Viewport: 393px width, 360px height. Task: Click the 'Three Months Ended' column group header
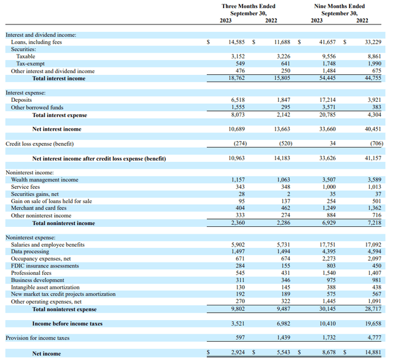coord(248,6)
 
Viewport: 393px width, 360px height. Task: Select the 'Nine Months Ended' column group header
coord(340,6)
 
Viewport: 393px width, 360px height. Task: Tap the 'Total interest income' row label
coord(59,79)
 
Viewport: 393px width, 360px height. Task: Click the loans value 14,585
coord(236,42)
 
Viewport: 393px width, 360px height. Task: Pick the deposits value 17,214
coord(327,100)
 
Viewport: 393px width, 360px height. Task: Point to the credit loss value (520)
coord(286,144)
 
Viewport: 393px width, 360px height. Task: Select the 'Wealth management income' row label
coord(45,180)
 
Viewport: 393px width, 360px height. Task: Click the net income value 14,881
coord(373,352)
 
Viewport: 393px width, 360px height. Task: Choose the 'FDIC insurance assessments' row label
coord(45,266)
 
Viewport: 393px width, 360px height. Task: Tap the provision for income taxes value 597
coord(240,338)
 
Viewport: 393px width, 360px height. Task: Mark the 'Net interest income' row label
coord(57,129)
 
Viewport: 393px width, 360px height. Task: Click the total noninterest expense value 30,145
coord(327,309)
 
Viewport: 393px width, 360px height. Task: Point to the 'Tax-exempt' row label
coord(30,64)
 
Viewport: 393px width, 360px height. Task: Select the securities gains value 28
coord(241,194)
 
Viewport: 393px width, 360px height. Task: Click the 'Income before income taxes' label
coord(68,324)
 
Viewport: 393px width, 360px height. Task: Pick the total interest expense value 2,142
coord(284,115)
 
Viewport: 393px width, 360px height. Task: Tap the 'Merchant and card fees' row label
coord(39,208)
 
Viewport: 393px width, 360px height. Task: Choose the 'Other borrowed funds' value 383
coord(376,107)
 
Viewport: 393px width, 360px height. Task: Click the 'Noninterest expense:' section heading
coord(31,237)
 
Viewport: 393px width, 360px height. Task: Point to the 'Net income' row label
coord(47,354)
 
